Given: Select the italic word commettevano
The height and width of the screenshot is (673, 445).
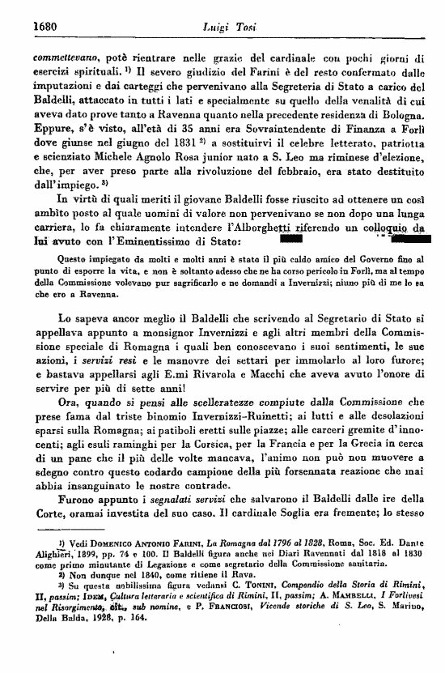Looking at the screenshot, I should click(x=66, y=59).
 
